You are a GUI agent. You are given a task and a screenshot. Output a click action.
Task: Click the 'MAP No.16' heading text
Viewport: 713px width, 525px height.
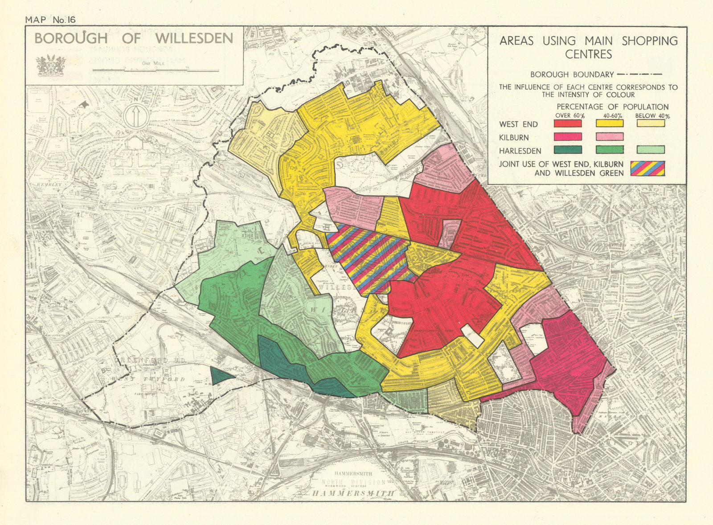[x=51, y=20]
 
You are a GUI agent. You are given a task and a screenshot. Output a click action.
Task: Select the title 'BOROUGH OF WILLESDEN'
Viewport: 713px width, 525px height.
[x=134, y=38]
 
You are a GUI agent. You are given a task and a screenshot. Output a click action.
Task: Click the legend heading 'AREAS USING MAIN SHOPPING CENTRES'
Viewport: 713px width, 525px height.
[x=588, y=47]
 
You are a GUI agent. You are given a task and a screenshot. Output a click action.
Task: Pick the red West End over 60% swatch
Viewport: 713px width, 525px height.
[x=568, y=124]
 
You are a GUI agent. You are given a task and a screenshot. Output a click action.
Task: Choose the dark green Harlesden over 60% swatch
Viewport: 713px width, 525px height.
[x=568, y=150]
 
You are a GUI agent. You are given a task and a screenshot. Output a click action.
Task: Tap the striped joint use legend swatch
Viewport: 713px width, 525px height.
[x=647, y=168]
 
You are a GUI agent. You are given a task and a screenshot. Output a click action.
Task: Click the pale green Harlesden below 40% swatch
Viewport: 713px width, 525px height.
[x=651, y=150]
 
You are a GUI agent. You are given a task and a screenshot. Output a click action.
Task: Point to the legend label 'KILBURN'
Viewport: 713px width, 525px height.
[x=514, y=138]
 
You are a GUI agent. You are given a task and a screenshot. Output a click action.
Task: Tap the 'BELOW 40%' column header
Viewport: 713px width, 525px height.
[x=652, y=116]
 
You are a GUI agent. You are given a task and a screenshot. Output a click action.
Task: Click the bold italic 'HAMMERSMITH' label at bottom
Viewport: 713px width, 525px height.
[x=353, y=493]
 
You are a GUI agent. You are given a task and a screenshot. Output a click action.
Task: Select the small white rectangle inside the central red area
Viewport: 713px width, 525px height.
[x=471, y=336]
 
